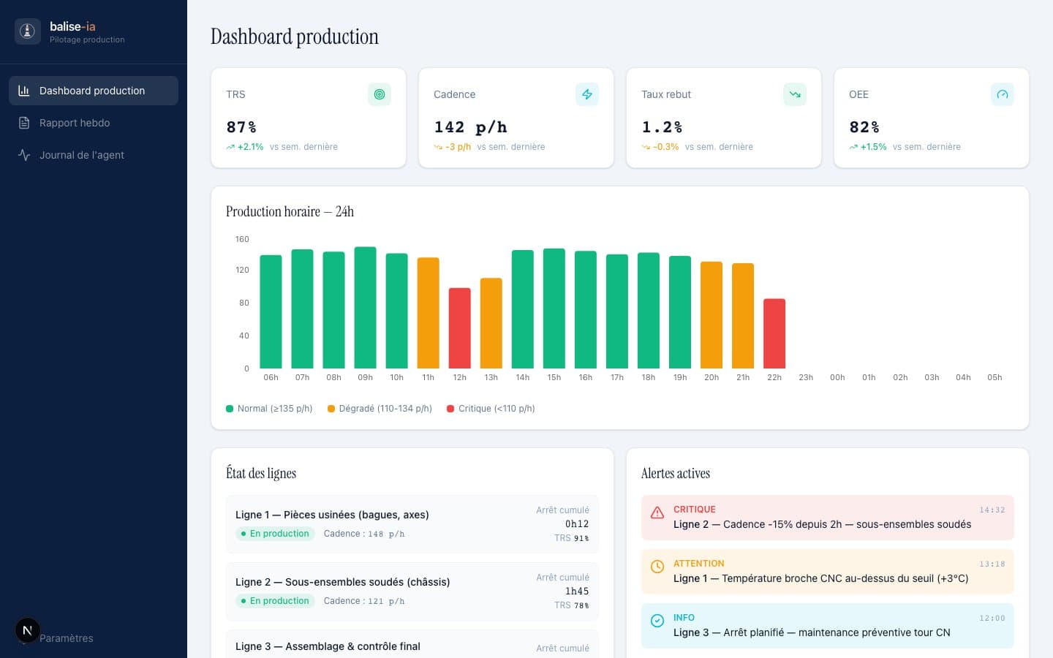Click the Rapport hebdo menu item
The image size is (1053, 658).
(x=75, y=123)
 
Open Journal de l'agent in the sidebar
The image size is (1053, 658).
(x=81, y=155)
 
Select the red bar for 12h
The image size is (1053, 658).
(x=459, y=328)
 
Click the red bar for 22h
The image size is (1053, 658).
(x=774, y=333)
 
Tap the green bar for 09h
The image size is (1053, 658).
(x=365, y=308)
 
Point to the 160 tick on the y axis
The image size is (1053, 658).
(x=242, y=239)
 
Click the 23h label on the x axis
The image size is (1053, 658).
(x=806, y=377)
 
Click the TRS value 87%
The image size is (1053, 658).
(x=241, y=127)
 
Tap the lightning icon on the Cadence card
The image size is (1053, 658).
(x=586, y=94)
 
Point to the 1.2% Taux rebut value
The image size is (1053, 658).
(x=662, y=127)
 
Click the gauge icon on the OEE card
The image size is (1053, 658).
(x=1002, y=94)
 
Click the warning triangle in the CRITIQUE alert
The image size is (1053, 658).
(x=657, y=513)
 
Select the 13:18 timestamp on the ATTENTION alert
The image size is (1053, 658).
(x=992, y=564)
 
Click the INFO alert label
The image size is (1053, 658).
(x=684, y=618)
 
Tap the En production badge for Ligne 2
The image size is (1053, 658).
(x=275, y=601)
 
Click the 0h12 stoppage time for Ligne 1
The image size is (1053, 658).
(x=576, y=524)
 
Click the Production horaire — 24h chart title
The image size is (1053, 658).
(x=290, y=211)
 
